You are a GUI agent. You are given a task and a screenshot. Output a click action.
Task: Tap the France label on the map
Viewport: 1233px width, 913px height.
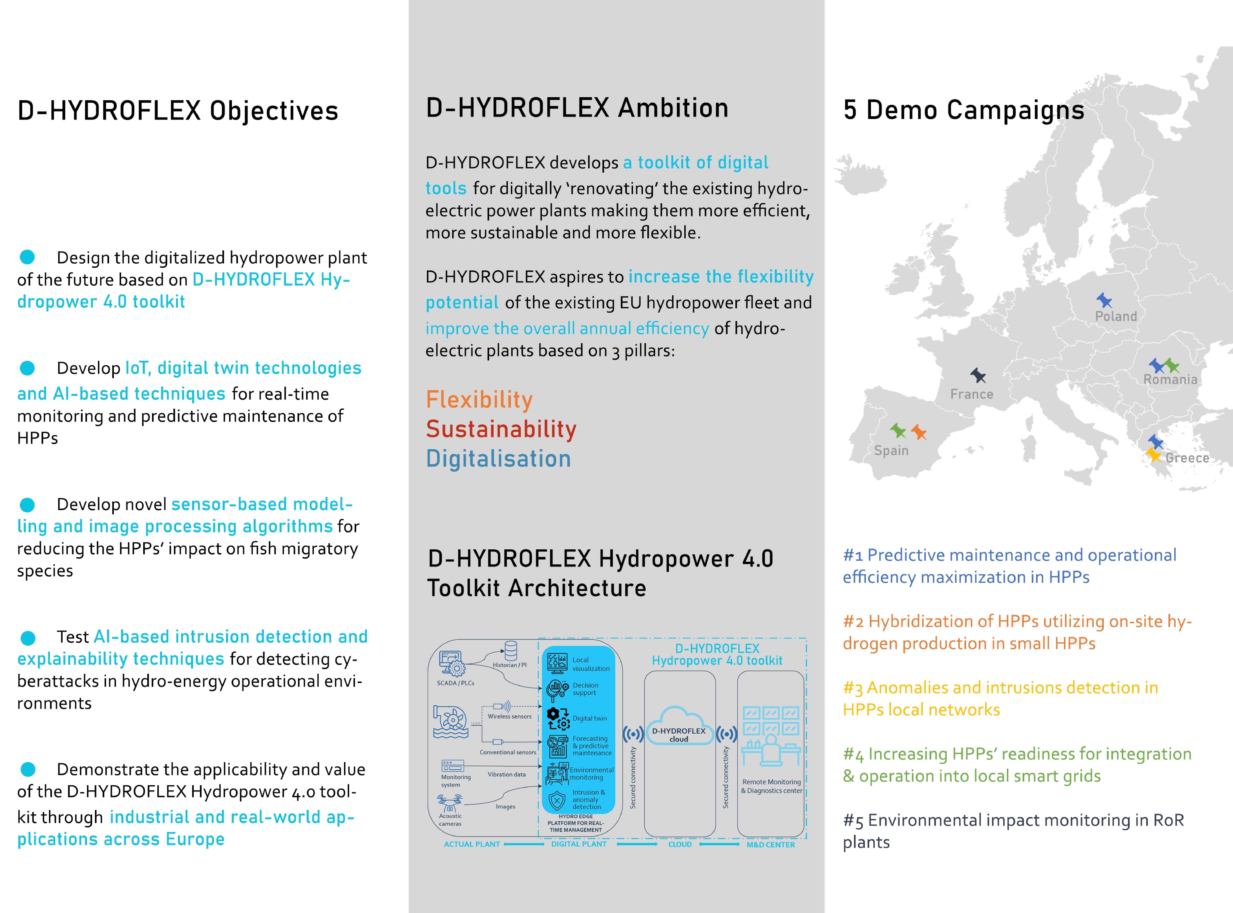tap(972, 394)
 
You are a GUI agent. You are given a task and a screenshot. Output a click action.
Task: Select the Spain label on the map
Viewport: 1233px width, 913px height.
tap(891, 450)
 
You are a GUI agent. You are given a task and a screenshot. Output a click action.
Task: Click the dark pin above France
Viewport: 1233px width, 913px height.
tap(978, 376)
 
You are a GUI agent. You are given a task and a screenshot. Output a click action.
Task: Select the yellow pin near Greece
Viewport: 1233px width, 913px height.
tap(1153, 455)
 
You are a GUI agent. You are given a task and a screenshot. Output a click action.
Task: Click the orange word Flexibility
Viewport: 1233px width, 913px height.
tap(479, 400)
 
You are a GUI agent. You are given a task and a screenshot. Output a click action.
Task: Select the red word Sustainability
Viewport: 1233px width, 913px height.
tap(501, 429)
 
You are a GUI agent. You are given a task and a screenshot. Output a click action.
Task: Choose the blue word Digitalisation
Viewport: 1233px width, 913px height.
tap(498, 459)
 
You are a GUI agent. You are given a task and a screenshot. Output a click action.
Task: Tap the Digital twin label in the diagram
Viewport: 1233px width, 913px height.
tap(589, 718)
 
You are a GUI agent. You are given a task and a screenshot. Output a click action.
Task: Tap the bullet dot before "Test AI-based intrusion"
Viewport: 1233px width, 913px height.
tap(28, 638)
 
